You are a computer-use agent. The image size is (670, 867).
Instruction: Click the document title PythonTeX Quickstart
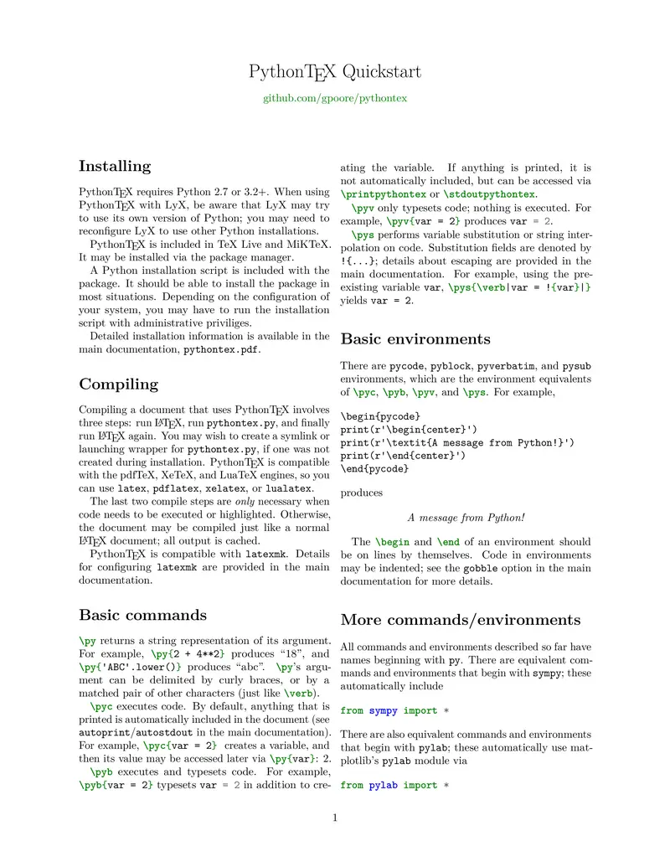[335, 72]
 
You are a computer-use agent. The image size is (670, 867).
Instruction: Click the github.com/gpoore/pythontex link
[335, 98]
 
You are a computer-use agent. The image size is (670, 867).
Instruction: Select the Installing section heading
[115, 166]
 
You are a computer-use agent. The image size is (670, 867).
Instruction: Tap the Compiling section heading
[118, 384]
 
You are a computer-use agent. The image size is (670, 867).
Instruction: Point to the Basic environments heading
[415, 339]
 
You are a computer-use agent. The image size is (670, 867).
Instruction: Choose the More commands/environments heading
[460, 621]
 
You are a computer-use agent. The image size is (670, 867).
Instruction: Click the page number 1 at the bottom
[335, 818]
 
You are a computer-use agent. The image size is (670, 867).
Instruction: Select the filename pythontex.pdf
[221, 349]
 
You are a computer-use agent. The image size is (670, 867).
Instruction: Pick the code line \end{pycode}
[374, 469]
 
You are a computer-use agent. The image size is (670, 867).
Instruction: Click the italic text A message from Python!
[466, 519]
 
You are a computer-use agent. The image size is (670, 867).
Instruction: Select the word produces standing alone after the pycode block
[362, 493]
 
